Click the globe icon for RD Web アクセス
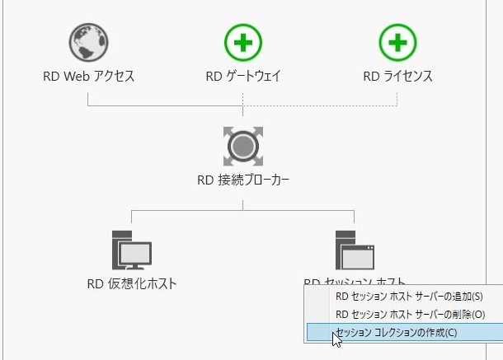(88, 42)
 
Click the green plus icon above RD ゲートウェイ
(243, 42)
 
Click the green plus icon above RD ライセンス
(397, 42)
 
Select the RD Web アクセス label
(88, 77)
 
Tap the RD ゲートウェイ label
(243, 77)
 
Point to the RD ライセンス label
(397, 77)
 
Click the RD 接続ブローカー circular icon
(243, 146)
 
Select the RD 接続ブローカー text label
(243, 180)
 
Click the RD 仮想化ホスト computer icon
(130, 249)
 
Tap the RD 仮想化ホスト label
(132, 284)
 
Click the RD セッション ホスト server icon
(355, 249)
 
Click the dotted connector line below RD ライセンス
(397, 97)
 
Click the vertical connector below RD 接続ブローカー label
(243, 200)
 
